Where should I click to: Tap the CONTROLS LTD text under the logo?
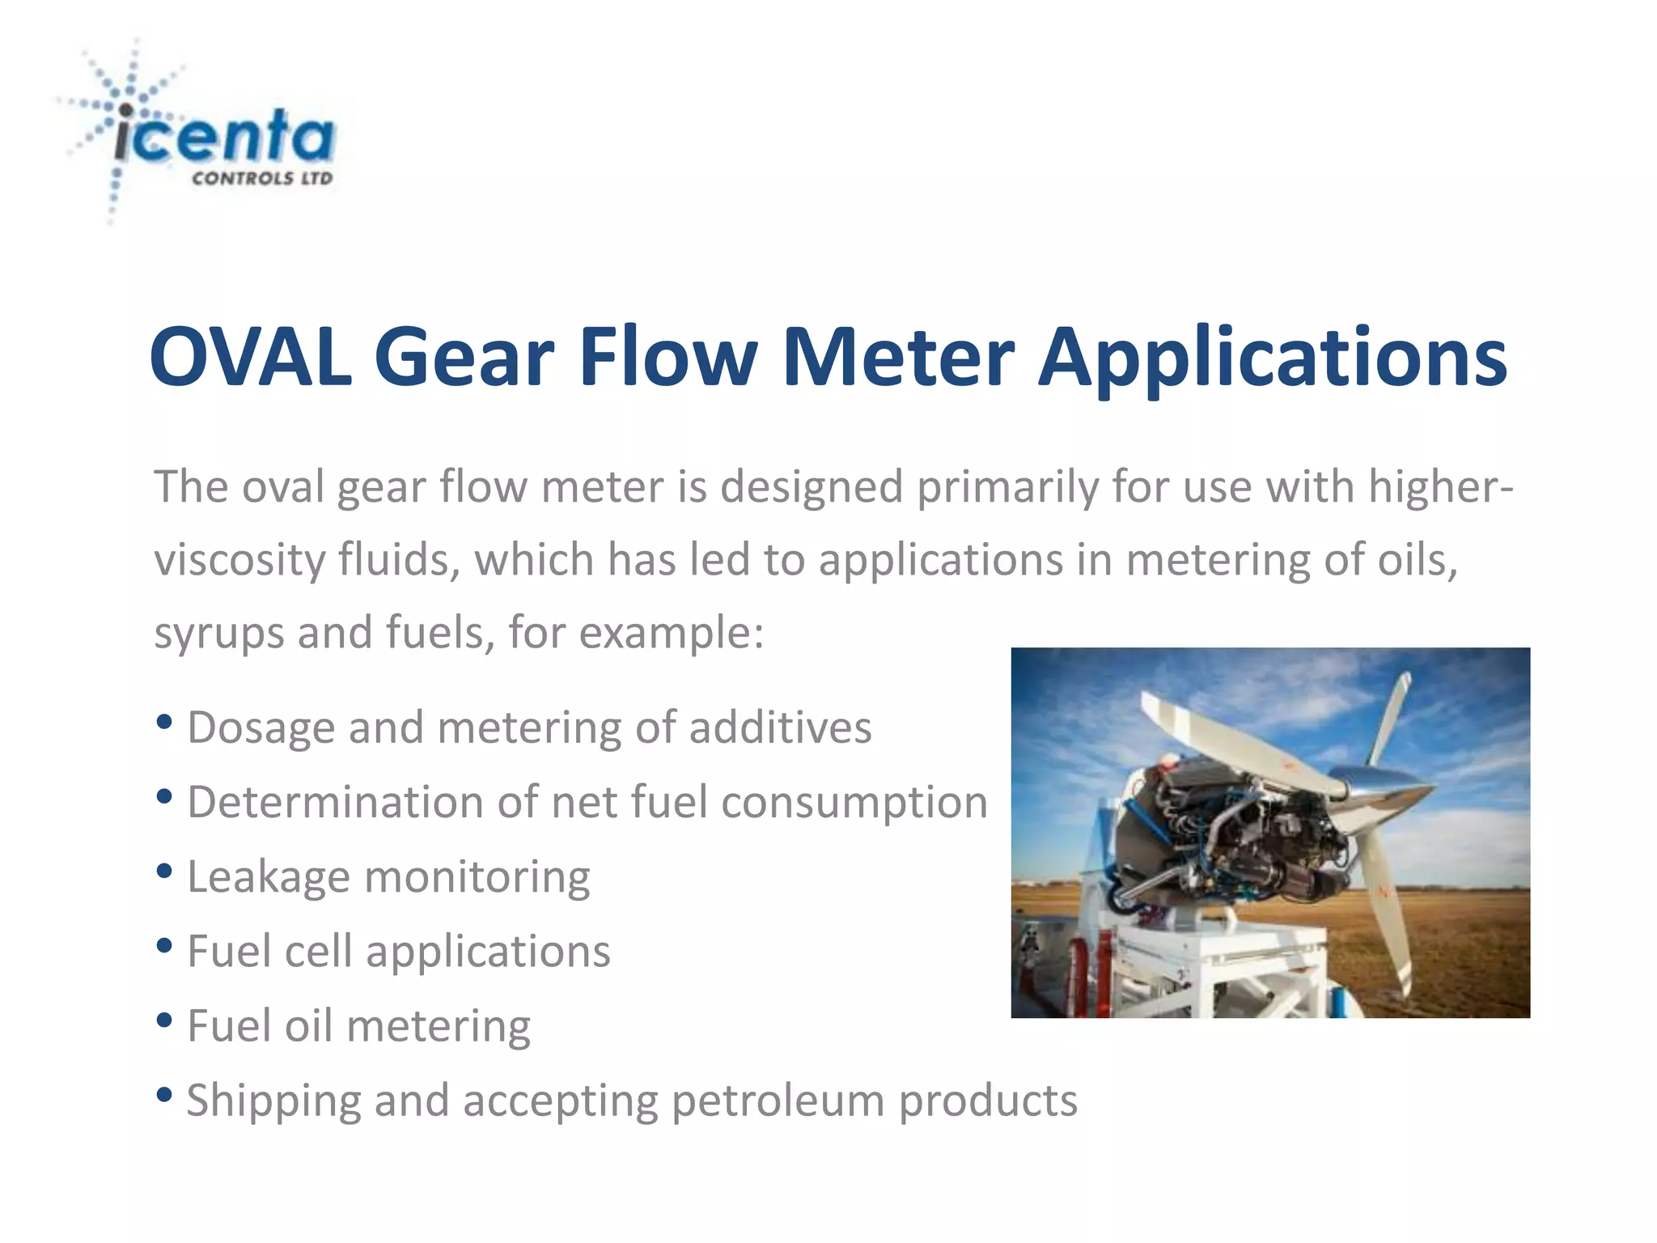point(262,179)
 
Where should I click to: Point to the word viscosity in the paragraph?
point(239,560)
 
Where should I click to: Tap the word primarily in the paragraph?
point(1006,487)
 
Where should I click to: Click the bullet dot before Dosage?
point(164,722)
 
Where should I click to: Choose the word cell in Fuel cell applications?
point(319,951)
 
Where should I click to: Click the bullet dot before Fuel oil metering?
point(164,1020)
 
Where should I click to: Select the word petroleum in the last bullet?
point(778,1101)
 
